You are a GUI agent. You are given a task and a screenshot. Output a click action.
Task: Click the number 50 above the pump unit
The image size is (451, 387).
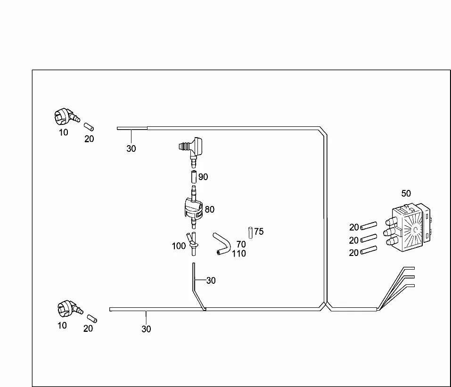pyautogui.click(x=406, y=193)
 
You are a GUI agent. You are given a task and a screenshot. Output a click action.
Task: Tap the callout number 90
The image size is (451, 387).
pyautogui.click(x=203, y=177)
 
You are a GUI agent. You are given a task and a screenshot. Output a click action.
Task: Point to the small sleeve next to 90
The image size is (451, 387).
pyautogui.click(x=194, y=177)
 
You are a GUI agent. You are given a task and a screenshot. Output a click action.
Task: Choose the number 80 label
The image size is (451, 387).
pyautogui.click(x=209, y=209)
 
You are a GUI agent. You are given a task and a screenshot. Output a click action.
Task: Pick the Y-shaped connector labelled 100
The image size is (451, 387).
pyautogui.click(x=193, y=244)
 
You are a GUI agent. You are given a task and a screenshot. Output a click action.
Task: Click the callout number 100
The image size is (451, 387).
pyautogui.click(x=179, y=246)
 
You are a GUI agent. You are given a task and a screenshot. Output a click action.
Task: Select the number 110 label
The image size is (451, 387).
pyautogui.click(x=239, y=254)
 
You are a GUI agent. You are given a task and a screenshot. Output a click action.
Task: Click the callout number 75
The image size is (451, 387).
pyautogui.click(x=259, y=231)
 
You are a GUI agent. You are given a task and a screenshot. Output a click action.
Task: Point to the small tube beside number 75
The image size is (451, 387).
pyautogui.click(x=251, y=233)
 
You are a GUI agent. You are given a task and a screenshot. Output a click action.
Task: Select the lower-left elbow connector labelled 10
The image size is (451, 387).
pyautogui.click(x=70, y=309)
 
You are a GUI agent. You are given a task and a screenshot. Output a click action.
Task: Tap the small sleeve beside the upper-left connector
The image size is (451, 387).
pyautogui.click(x=89, y=127)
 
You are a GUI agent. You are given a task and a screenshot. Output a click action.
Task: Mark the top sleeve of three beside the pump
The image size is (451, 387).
pyautogui.click(x=369, y=226)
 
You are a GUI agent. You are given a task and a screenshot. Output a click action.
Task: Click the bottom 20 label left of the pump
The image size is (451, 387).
pyautogui.click(x=353, y=253)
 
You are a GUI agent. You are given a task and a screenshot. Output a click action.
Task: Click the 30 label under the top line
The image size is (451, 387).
pyautogui.click(x=131, y=148)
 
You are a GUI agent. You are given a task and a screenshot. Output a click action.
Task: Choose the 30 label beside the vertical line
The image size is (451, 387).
pyautogui.click(x=211, y=280)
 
